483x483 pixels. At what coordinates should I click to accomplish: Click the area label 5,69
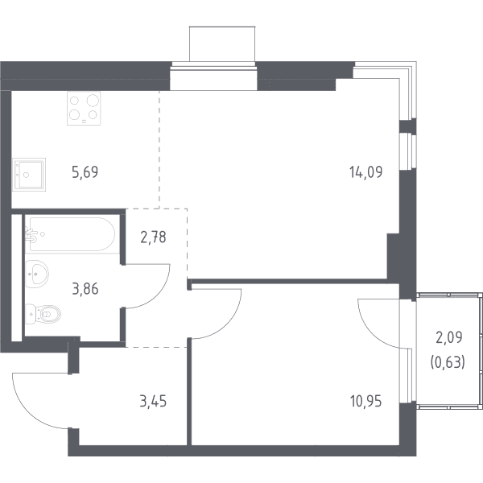[x=85, y=172]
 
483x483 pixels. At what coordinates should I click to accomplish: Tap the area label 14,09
[x=365, y=172]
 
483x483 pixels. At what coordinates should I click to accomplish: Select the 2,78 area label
[x=153, y=237]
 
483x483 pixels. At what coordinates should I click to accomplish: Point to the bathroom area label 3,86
[x=85, y=289]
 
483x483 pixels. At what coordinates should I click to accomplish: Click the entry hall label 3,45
[x=153, y=402]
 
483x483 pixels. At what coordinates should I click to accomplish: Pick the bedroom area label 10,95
[x=366, y=402]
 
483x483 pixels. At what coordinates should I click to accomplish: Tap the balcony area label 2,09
[x=449, y=337]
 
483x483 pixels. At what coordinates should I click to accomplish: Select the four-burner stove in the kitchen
[x=84, y=108]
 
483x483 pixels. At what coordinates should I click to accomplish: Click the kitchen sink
[x=29, y=175]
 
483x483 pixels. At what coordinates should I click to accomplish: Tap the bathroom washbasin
[x=37, y=274]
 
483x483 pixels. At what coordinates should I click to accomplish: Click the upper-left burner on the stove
[x=74, y=101]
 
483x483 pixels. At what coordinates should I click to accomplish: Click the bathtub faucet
[x=31, y=235]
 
